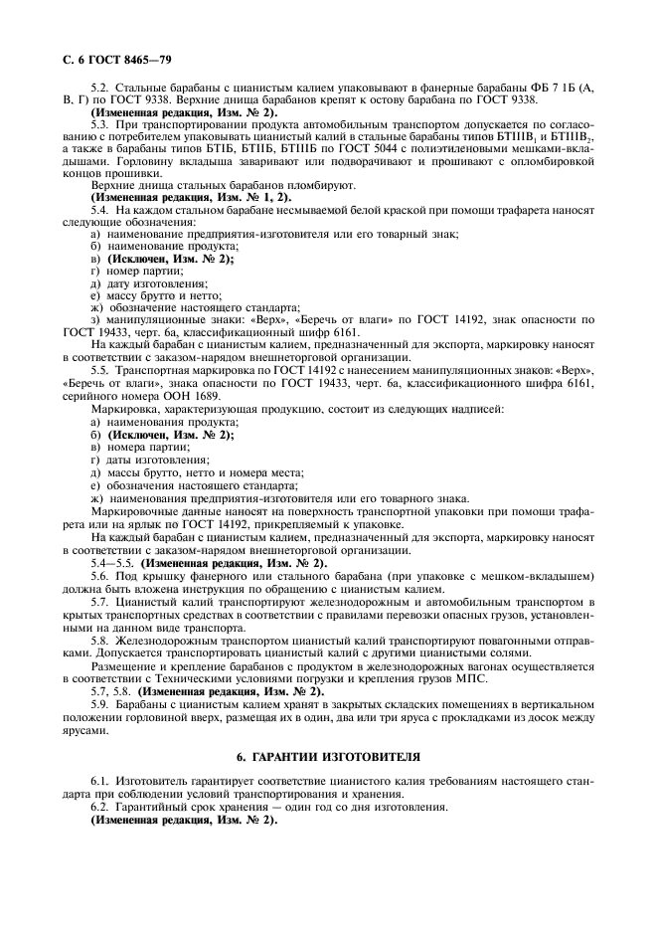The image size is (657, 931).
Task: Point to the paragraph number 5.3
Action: (99, 125)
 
